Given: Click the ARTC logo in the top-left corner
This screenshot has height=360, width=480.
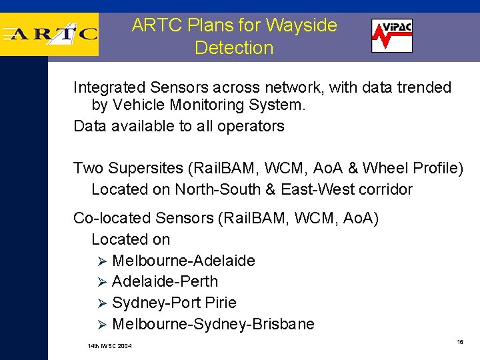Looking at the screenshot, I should click(x=50, y=33).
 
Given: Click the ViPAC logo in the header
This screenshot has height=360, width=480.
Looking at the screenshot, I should click(x=391, y=35).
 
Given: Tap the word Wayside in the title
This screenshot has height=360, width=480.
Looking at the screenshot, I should click(x=301, y=25).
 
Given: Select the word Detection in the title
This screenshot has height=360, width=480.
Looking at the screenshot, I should click(x=234, y=48).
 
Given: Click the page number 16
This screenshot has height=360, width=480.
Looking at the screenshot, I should click(x=460, y=341).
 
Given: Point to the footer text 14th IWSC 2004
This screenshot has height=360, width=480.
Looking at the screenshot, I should click(x=110, y=346).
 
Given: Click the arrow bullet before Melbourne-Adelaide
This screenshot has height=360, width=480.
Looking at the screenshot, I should click(x=103, y=261).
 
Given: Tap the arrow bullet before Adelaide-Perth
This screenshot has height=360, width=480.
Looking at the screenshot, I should click(x=103, y=282).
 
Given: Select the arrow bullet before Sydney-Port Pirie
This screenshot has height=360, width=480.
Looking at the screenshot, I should click(x=103, y=303).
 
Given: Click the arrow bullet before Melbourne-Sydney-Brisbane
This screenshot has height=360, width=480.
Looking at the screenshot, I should click(x=103, y=325).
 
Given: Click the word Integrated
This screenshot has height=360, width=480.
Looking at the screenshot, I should click(x=111, y=87).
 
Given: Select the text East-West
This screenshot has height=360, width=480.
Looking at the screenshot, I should click(x=317, y=189).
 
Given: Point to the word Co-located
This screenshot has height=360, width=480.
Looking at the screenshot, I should click(x=112, y=218).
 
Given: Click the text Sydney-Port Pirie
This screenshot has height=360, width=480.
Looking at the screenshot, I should click(x=174, y=303).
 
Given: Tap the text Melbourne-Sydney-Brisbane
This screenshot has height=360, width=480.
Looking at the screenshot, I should click(x=213, y=324).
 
